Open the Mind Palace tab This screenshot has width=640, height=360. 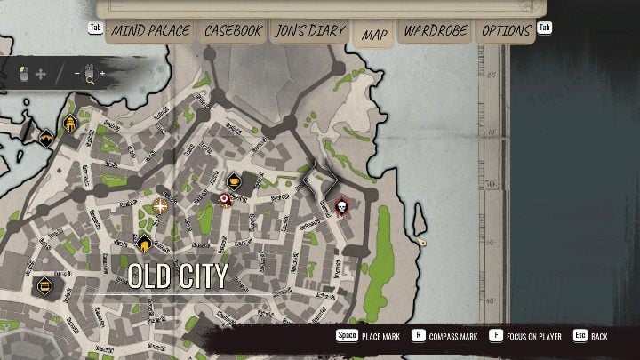point(150,31)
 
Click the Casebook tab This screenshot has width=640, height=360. point(233,31)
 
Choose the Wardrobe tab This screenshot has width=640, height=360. point(436,31)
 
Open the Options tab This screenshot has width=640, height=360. point(506,31)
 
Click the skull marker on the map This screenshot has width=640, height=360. point(340,207)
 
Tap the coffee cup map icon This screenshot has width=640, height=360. point(234,180)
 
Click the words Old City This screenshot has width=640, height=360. point(178,276)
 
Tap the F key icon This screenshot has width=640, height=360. point(495,336)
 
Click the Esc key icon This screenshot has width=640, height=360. point(580,336)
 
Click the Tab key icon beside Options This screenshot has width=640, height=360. point(545,28)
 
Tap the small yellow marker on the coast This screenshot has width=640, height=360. point(423,242)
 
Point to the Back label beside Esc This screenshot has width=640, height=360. point(600,337)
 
